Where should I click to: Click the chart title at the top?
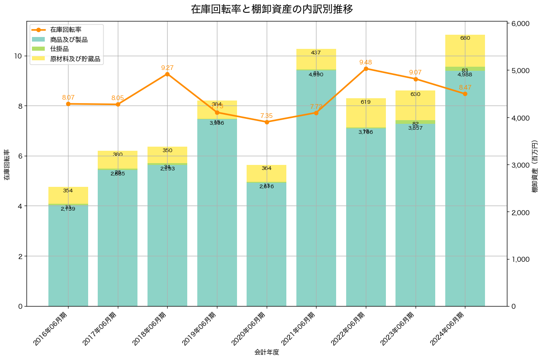coord(272,9)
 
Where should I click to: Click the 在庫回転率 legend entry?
coord(66,30)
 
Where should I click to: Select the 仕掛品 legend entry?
coord(59,49)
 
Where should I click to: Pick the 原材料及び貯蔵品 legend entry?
coord(75,58)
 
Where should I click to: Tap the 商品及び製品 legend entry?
coord(69,39)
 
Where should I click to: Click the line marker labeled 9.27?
coord(167,74)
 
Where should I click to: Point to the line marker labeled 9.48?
coord(366,69)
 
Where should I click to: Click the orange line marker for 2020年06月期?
coord(267,122)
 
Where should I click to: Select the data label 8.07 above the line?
coord(68,97)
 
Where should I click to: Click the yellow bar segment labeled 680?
coord(465,50)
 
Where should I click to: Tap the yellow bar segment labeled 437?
coord(316,59)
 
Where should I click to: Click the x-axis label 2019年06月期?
coord(200,328)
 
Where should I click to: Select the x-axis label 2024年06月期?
coord(448,328)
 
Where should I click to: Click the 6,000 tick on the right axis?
coord(519,24)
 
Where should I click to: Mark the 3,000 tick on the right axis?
coord(519,165)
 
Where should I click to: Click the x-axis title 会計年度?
coord(267,352)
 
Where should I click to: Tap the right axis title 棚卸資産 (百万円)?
coord(535,165)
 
